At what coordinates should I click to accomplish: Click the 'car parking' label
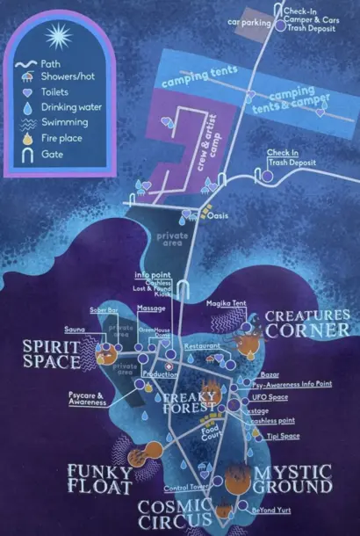246,20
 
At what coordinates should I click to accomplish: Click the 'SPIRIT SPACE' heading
51,354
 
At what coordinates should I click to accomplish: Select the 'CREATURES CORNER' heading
307,322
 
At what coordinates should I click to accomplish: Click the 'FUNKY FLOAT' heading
101,478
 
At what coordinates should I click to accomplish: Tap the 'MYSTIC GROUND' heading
292,479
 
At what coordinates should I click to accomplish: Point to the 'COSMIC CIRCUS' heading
175,515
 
